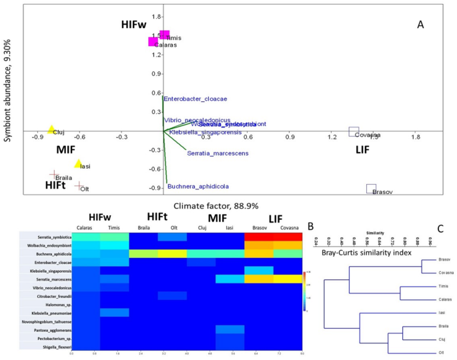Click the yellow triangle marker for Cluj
[51, 129]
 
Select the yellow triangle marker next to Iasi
[78, 164]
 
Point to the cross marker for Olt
[79, 187]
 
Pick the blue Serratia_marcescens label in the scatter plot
[218, 153]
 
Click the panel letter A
[420, 24]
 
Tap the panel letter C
[440, 229]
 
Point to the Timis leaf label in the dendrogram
[442, 286]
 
